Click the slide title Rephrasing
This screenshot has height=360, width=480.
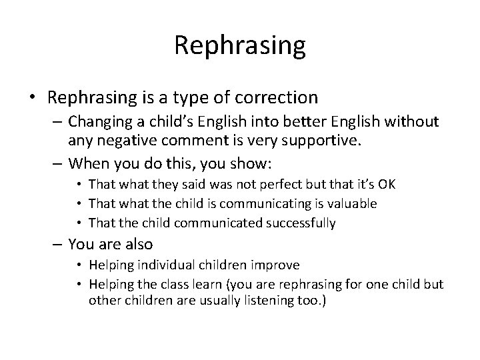click(x=240, y=45)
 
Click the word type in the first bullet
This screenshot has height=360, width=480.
click(x=175, y=97)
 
